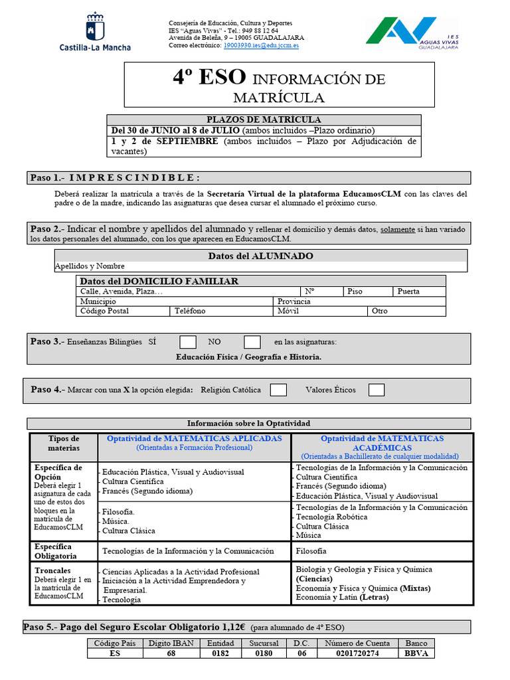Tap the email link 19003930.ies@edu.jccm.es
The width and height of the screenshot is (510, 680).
[x=261, y=45]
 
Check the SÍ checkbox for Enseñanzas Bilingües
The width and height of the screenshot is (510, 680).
[x=188, y=342]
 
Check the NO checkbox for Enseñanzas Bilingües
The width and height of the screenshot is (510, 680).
[x=252, y=342]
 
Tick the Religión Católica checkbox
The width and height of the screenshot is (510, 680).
[x=278, y=390]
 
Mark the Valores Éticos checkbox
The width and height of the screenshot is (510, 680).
[x=377, y=390]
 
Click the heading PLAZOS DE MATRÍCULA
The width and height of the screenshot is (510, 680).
[x=264, y=120]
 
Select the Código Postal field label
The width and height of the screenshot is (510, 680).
[x=104, y=311]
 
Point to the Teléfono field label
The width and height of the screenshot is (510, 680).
[x=190, y=311]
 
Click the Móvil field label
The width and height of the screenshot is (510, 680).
[x=288, y=311]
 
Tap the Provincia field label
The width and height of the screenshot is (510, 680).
[x=294, y=301]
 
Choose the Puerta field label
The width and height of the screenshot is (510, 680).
[x=408, y=292]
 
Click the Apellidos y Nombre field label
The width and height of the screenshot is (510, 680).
[x=90, y=266]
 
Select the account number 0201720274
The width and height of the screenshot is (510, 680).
[x=357, y=653]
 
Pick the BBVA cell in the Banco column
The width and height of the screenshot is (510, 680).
[x=417, y=653]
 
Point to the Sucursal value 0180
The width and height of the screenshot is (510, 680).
[x=264, y=653]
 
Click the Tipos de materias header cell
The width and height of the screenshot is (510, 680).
[x=64, y=443]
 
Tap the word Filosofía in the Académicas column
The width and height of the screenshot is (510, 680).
[x=311, y=551]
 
